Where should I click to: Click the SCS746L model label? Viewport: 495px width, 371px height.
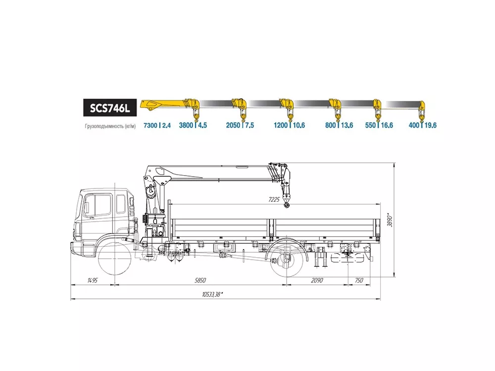pos(110,108)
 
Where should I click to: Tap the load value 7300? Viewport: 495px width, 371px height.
pos(150,125)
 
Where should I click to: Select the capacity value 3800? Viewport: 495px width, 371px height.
pos(186,125)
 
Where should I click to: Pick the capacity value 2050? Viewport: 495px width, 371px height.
pos(233,125)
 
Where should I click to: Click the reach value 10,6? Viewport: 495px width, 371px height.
pos(298,125)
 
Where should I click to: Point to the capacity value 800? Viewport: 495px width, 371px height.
pos(331,125)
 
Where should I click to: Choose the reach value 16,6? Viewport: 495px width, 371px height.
pos(387,125)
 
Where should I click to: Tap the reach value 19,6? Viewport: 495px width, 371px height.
pos(431,125)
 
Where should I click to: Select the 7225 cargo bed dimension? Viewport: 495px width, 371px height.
pos(274,199)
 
